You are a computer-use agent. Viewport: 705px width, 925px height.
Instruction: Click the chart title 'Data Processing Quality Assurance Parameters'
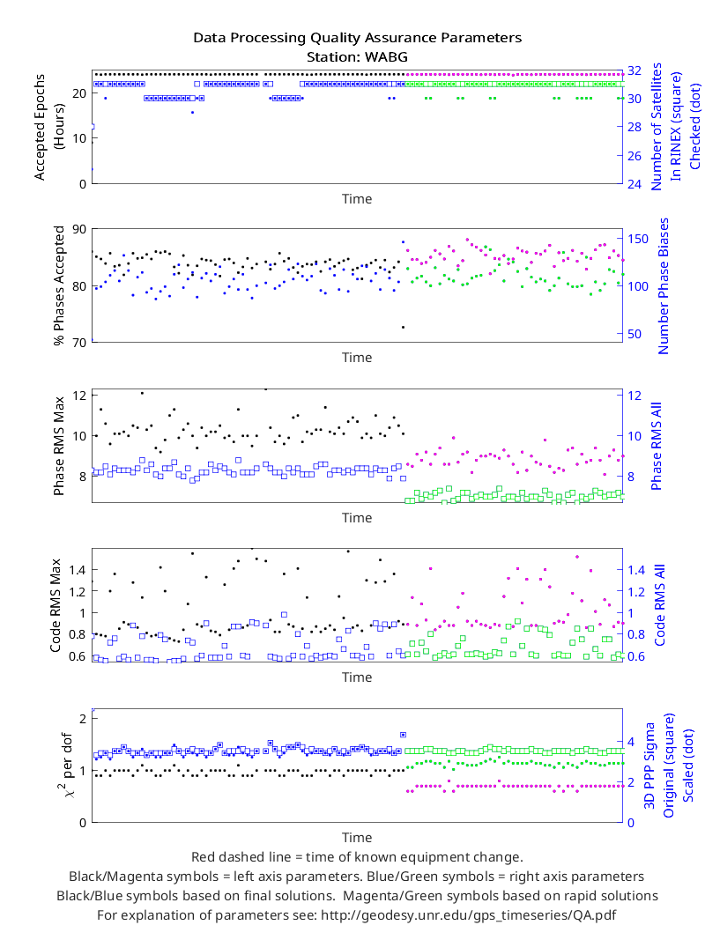[x=358, y=38]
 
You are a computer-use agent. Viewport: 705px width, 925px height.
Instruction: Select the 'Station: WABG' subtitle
[x=357, y=57]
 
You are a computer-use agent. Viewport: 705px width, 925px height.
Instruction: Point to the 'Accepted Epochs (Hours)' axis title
[x=48, y=127]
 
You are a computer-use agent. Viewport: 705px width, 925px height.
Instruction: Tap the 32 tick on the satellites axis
[x=634, y=70]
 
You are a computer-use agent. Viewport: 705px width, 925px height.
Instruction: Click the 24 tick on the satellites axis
[x=634, y=184]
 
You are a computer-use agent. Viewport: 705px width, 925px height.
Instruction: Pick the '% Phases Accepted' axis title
[x=58, y=285]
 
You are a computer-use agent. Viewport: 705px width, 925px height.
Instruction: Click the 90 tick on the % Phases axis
[x=79, y=229]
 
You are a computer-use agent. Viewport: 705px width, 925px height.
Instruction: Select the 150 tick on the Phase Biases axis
[x=638, y=239]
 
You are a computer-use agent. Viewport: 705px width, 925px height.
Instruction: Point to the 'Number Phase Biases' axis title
[x=664, y=286]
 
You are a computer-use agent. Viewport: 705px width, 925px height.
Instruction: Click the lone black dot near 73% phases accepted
[x=404, y=327]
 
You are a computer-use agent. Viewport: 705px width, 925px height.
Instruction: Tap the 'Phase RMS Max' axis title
[x=58, y=446]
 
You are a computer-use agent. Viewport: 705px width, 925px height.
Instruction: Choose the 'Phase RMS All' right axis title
[x=656, y=446]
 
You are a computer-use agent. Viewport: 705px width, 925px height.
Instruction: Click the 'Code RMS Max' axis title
[x=56, y=605]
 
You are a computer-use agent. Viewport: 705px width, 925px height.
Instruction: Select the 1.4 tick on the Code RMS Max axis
[x=78, y=570]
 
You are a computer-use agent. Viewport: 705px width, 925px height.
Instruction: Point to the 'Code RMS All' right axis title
[x=659, y=605]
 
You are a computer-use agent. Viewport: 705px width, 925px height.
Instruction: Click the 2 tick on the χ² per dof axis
[x=82, y=719]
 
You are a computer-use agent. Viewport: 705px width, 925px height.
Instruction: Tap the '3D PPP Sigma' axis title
[x=649, y=766]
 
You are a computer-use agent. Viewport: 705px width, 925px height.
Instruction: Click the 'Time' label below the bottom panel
[x=357, y=838]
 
